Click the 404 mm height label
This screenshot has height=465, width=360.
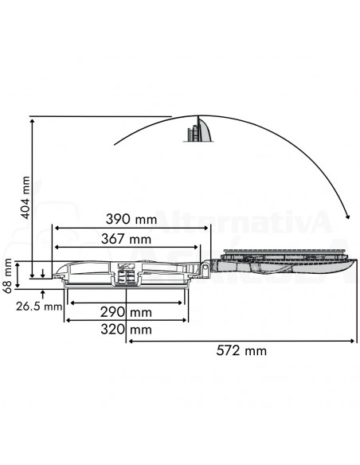[x=25, y=197]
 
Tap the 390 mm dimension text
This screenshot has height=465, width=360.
[x=130, y=219]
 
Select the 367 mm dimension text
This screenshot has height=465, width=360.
[x=127, y=239]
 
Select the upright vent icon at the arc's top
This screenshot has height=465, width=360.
[x=199, y=130]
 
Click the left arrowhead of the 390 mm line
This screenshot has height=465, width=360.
[x=56, y=228]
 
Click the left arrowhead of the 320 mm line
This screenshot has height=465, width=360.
[x=68, y=320]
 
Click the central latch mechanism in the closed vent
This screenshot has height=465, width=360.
[x=125, y=273]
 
